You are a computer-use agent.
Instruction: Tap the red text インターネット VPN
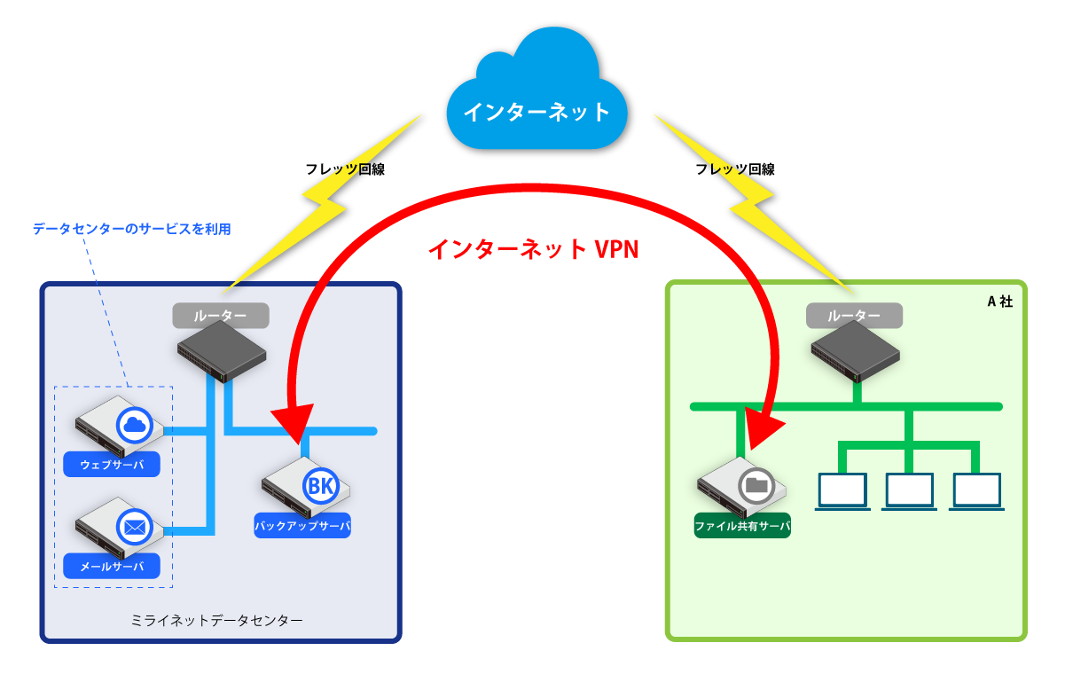point(533,249)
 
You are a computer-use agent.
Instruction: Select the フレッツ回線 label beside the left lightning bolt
point(345,169)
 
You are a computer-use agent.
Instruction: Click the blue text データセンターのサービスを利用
point(132,229)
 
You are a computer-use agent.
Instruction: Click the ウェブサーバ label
point(112,464)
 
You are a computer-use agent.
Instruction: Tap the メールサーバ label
point(112,566)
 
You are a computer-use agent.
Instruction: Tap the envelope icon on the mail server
point(135,528)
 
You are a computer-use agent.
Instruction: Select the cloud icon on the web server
point(135,427)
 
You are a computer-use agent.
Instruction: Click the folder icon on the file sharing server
point(756,485)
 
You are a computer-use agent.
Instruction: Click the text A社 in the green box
point(999,301)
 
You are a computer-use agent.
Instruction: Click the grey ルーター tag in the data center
point(220,315)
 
